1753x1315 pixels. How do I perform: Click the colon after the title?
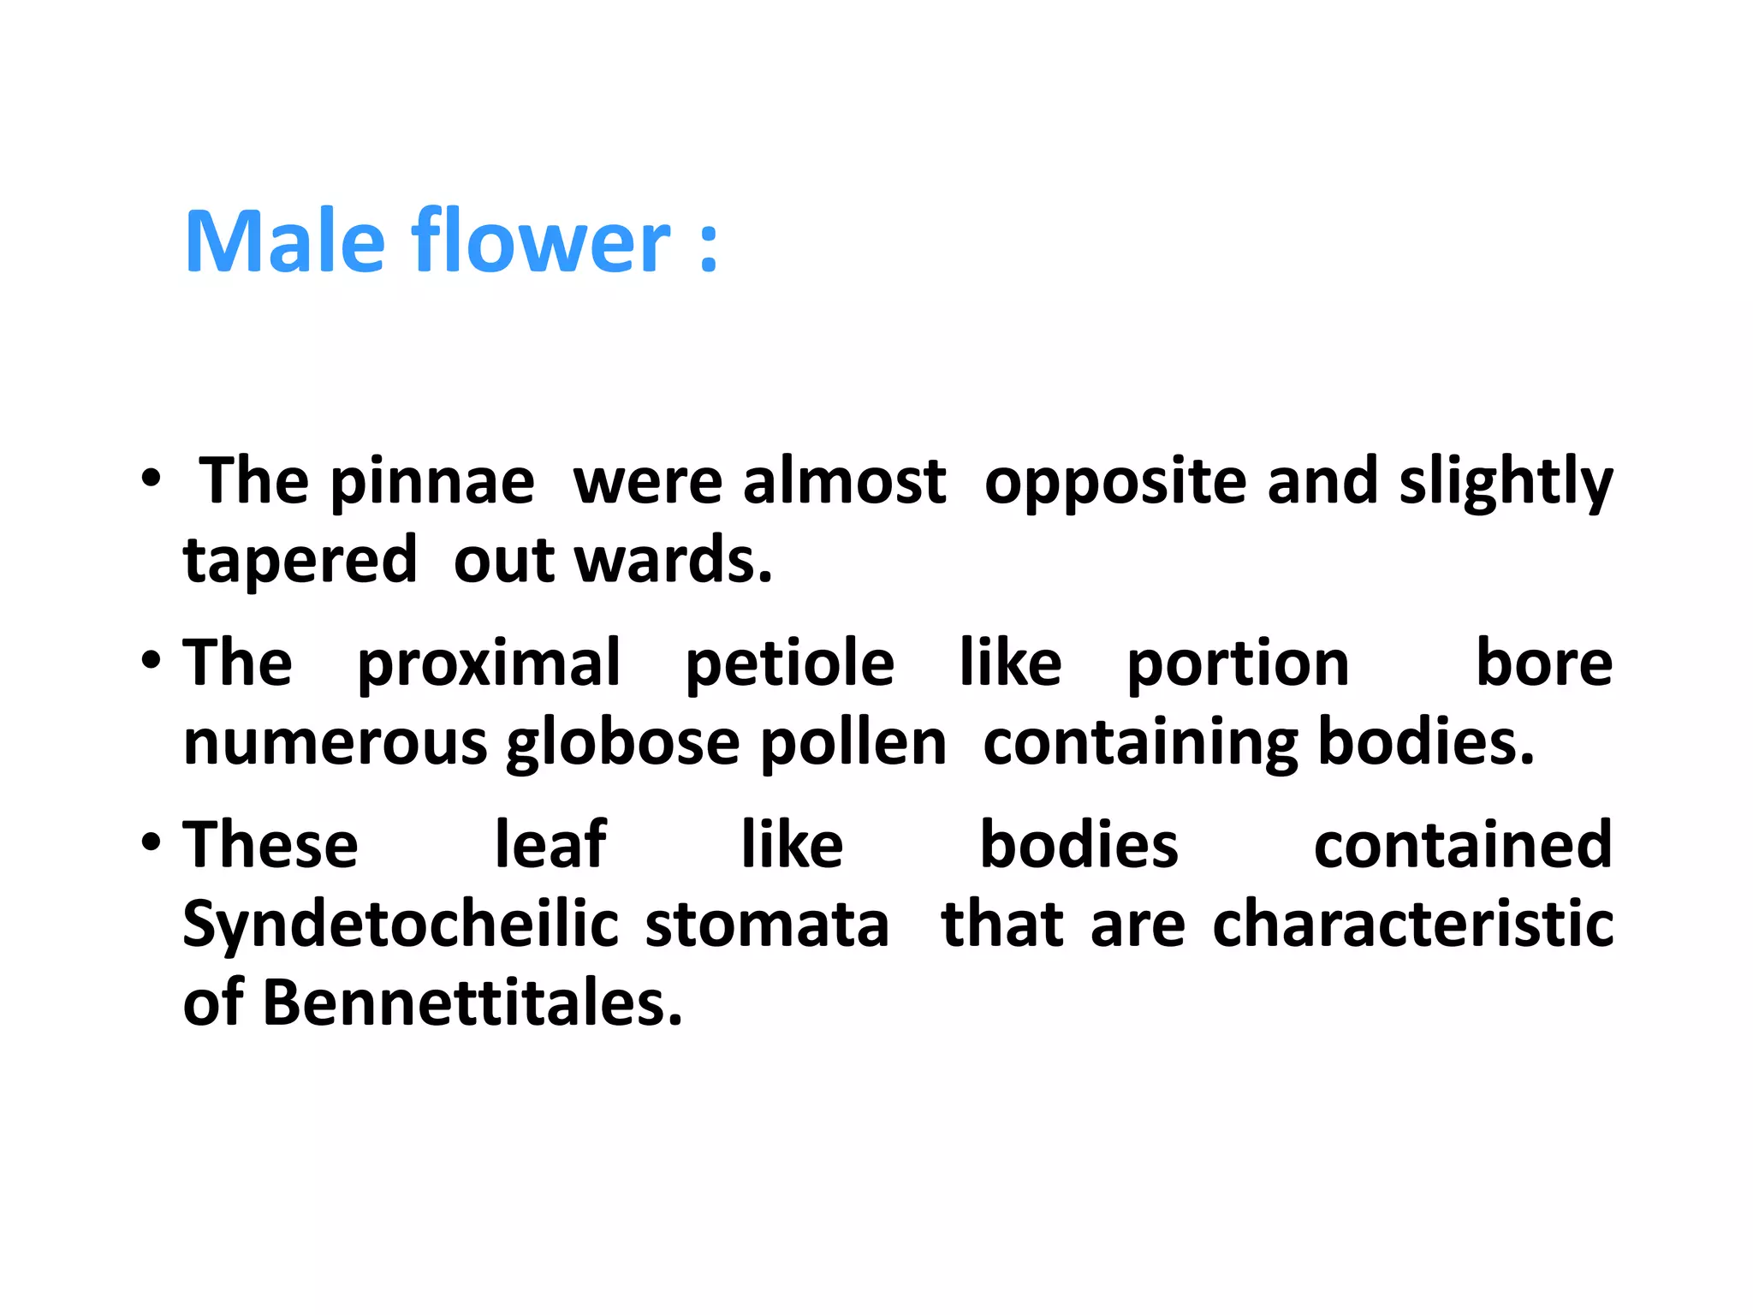(x=708, y=248)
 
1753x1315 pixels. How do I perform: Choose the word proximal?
(x=489, y=663)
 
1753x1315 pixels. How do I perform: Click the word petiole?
(x=789, y=663)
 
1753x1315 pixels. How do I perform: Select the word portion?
(x=1238, y=663)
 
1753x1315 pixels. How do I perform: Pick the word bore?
(x=1544, y=663)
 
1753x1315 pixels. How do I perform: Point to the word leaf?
(x=550, y=845)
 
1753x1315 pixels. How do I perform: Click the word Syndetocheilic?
(x=401, y=925)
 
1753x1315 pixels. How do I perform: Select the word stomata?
(x=767, y=925)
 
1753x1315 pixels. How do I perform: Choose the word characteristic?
(x=1413, y=925)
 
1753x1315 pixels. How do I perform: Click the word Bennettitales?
(x=472, y=1003)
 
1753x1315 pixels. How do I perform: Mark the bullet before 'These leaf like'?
(x=152, y=842)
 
